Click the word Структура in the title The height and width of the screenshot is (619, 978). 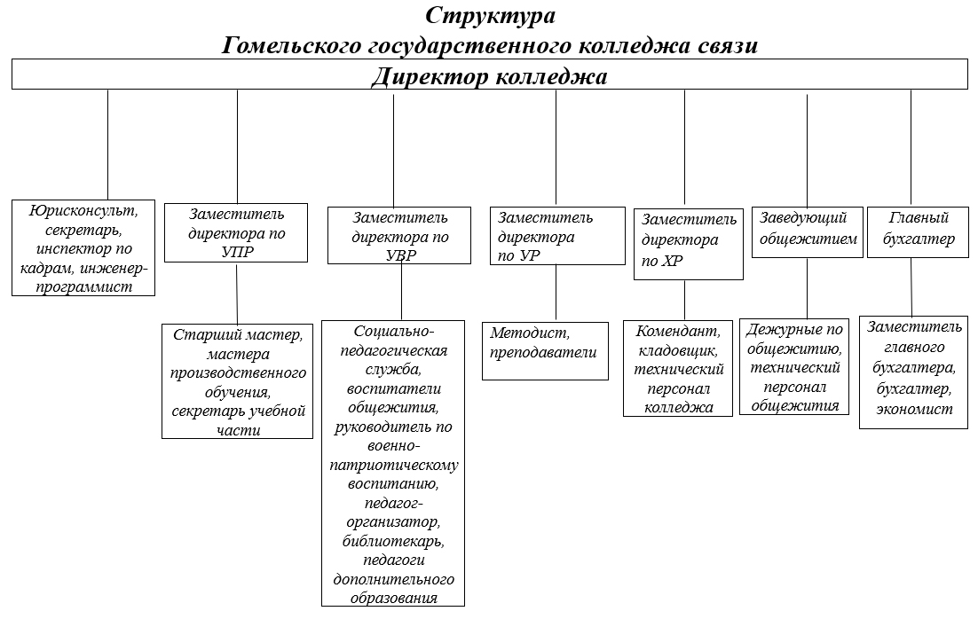tap(490, 15)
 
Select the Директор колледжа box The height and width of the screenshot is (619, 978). tap(490, 74)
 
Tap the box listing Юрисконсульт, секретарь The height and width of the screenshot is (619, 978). tap(83, 248)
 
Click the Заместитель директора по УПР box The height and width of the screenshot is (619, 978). tap(236, 232)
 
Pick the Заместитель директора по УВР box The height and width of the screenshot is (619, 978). tap(399, 236)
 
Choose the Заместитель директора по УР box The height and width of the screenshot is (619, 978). tap(557, 236)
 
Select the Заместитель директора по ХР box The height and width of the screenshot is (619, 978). tap(689, 245)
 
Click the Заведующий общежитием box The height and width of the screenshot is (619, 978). tap(807, 232)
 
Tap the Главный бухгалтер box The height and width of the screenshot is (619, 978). tap(918, 232)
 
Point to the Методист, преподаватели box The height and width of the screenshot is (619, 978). tap(545, 351)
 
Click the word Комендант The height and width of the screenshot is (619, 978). tap(678, 331)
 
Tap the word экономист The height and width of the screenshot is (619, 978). tap(914, 410)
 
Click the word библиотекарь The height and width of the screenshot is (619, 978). tap(393, 541)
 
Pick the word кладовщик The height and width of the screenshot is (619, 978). tap(678, 350)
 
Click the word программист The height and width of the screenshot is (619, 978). tap(83, 287)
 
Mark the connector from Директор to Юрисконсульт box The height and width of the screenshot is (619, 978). tap(108, 145)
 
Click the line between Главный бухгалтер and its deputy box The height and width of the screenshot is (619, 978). tap(911, 287)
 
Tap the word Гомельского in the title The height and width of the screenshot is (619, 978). tap(293, 46)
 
